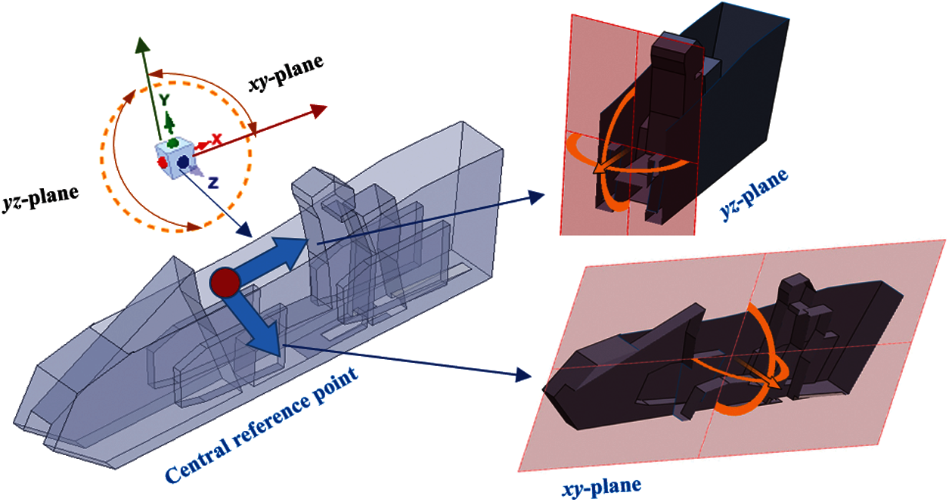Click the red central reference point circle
click(225, 282)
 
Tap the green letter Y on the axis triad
click(164, 100)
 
